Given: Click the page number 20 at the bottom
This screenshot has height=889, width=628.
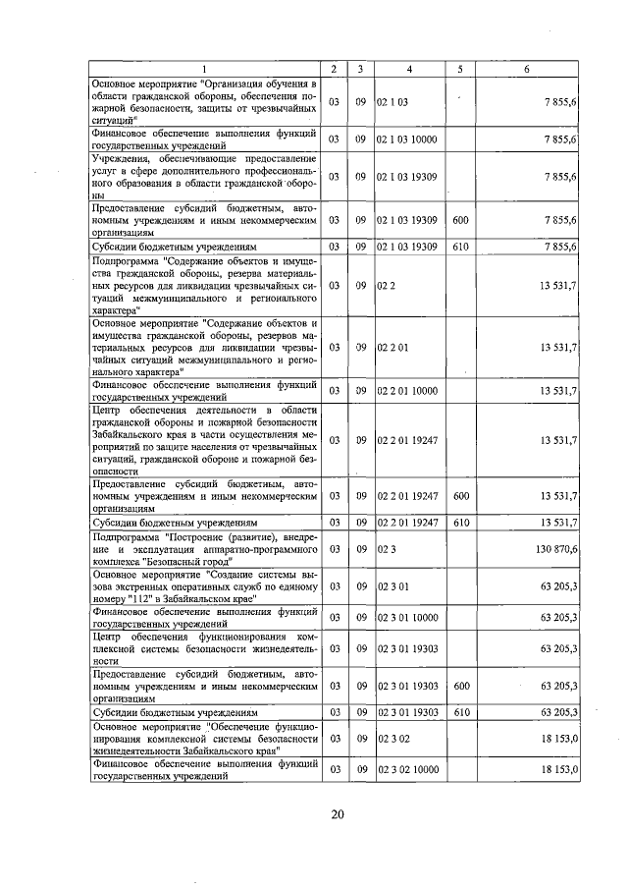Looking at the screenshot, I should pos(337,814).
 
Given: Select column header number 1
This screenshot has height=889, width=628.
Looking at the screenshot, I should pos(205,68).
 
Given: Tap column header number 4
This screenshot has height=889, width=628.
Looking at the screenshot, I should pos(409,68).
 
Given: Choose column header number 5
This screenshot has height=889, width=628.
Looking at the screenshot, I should pos(459,68).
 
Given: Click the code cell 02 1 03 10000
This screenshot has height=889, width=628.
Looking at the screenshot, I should pos(407,139).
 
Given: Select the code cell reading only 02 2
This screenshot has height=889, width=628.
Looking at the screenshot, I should pos(385,285).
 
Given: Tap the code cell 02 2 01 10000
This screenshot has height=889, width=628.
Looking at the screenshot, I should pos(407,391).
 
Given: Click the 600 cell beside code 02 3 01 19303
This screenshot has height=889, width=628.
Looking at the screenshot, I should pos(459,685).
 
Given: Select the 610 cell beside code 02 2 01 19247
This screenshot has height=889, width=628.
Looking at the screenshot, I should pos(459,522).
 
